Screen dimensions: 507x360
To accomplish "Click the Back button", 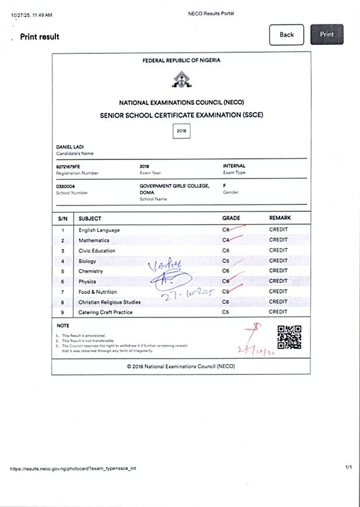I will coord(287,35).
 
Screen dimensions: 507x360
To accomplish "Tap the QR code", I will coord(289,337).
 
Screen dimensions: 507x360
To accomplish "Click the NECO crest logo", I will coord(181,81).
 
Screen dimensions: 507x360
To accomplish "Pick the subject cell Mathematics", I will coord(94,240).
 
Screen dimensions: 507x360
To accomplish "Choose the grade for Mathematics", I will coord(226,240).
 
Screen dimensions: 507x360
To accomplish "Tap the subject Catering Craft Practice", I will coord(105,312).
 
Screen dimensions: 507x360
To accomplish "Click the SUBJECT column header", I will coord(90,218).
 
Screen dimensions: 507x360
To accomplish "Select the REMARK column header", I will coord(280,218).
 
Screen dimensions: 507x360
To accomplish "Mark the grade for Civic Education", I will coord(226,251).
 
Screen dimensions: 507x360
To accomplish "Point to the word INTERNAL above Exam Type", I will coord(234,166).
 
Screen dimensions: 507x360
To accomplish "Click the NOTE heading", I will coord(62,325).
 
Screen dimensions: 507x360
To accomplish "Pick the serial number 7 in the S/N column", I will coord(62,292).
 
